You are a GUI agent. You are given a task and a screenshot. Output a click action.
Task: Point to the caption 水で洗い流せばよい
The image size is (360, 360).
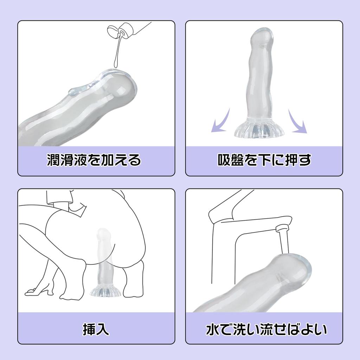[266, 329]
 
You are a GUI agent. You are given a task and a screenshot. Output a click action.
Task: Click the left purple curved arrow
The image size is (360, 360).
[220, 122]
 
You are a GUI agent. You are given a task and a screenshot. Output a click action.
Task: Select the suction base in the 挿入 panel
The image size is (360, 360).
[104, 290]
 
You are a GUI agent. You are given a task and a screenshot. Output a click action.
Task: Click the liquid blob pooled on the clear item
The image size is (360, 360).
[76, 92]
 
